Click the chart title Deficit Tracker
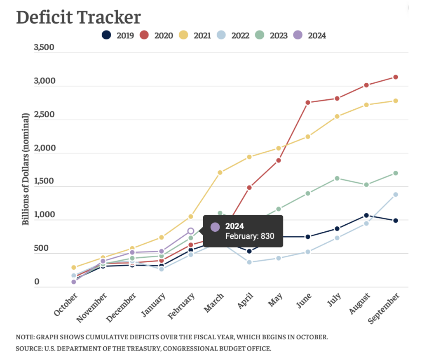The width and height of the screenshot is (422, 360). [78, 17]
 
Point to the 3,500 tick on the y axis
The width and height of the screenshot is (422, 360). [44, 47]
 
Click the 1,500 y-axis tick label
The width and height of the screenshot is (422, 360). [44, 181]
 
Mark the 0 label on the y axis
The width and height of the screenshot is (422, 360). [37, 282]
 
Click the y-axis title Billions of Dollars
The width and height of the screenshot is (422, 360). [26, 169]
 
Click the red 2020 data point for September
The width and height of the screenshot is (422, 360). [395, 77]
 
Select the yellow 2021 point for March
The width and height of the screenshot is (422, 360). [220, 172]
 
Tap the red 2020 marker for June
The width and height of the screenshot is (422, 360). [307, 102]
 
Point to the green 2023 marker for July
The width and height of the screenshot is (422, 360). [337, 178]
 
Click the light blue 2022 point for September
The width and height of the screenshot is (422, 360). [395, 195]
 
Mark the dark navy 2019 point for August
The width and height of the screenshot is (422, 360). [366, 215]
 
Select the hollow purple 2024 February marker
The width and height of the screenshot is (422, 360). [191, 231]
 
